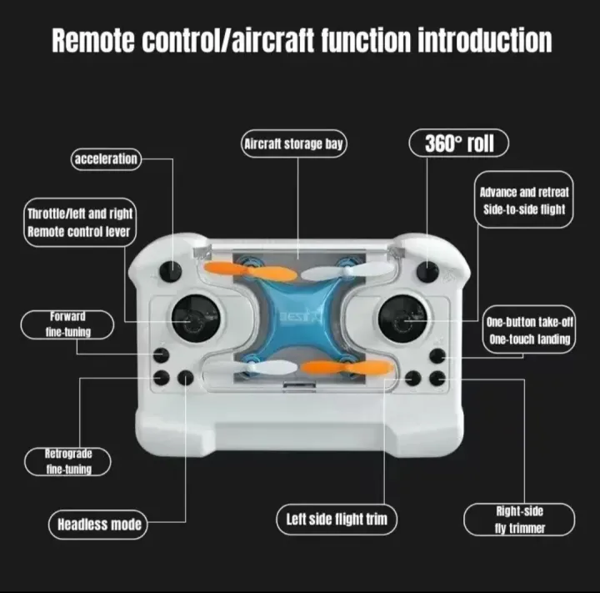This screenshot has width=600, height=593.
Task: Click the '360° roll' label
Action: tap(458, 143)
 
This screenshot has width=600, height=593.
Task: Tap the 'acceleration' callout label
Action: tap(105, 158)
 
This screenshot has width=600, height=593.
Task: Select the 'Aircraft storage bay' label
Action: tap(293, 144)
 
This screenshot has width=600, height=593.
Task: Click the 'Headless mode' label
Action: tap(99, 525)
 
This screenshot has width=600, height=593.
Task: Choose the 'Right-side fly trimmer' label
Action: tap(519, 520)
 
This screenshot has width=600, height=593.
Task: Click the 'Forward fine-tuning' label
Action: tap(68, 324)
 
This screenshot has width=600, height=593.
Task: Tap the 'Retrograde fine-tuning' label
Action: tap(68, 461)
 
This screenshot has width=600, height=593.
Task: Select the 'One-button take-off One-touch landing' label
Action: tap(529, 330)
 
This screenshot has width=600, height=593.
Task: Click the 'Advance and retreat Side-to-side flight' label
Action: tap(525, 201)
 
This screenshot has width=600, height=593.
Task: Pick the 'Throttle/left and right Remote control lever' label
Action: tap(79, 223)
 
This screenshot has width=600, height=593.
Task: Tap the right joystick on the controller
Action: tap(403, 319)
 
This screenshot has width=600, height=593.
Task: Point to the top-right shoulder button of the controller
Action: tap(428, 270)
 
